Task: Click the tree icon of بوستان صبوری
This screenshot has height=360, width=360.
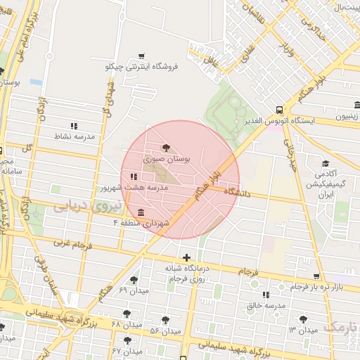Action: point(166,148)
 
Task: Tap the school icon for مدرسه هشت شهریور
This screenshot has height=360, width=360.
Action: point(134,176)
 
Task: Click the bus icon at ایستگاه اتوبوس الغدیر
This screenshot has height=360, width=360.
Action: point(279,110)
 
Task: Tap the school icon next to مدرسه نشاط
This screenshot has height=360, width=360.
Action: point(74,125)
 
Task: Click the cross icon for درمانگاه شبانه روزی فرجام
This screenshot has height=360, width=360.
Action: point(186,258)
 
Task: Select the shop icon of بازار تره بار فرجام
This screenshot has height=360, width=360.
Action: point(316,276)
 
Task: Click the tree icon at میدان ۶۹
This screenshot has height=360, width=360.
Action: point(134,279)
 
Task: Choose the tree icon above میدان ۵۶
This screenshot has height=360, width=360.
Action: point(166,319)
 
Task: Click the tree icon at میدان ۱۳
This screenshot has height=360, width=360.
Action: point(304,319)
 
